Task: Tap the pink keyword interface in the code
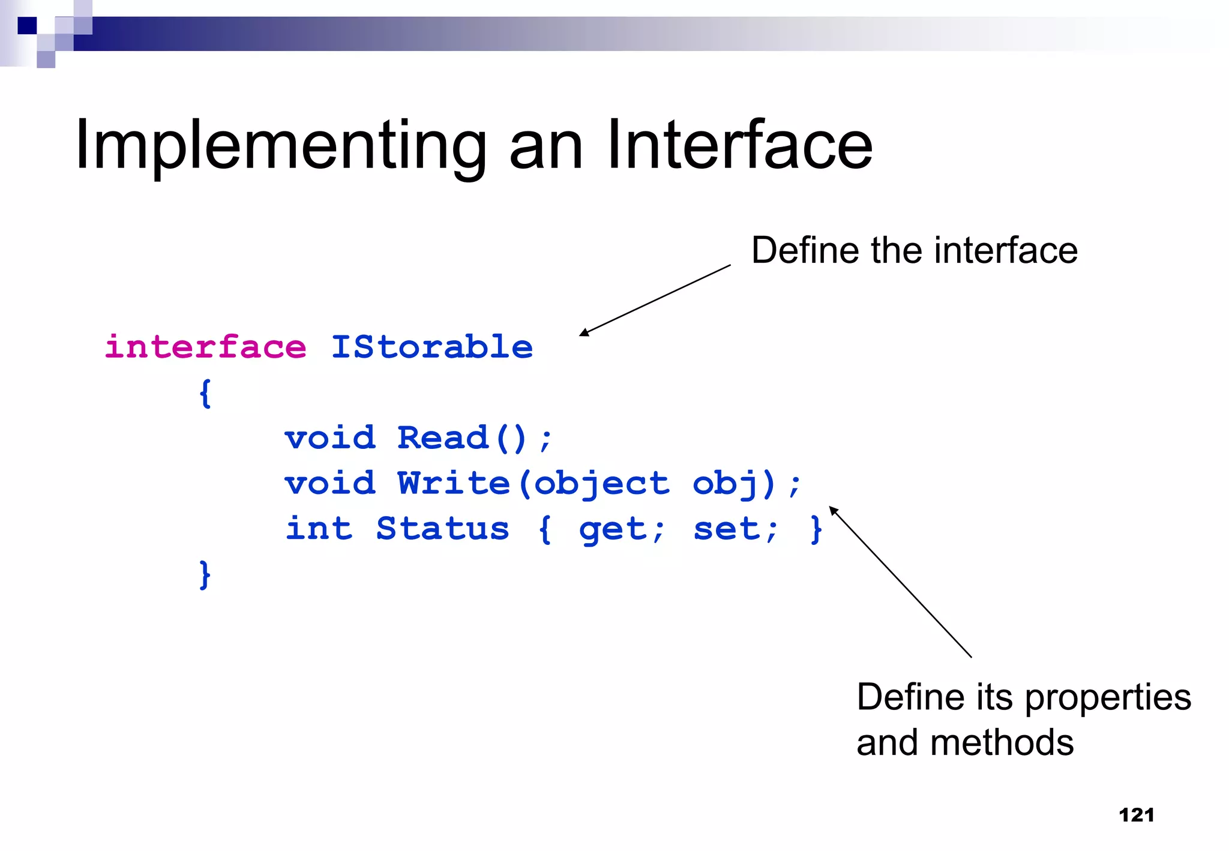click(205, 347)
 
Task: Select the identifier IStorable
click(432, 347)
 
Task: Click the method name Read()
click(462, 438)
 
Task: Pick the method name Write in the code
click(454, 484)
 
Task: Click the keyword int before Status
click(319, 529)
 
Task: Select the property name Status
click(442, 529)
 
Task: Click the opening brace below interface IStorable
click(205, 394)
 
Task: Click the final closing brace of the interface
click(205, 575)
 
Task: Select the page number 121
click(1136, 815)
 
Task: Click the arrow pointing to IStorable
click(655, 300)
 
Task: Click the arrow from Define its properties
click(900, 582)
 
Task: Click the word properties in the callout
click(1107, 698)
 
